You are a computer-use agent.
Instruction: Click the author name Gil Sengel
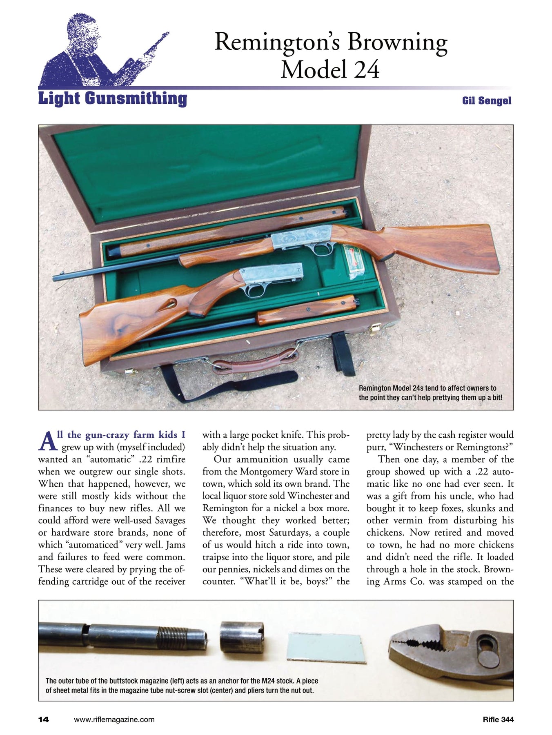(486, 100)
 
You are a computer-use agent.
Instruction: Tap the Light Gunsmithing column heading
(112, 99)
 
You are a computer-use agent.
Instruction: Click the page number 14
(43, 719)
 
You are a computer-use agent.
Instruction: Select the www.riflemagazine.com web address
(114, 719)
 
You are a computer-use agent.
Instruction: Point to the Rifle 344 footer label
(498, 719)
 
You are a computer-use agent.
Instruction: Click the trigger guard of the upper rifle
(321, 249)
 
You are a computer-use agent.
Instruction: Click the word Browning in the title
(397, 42)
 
